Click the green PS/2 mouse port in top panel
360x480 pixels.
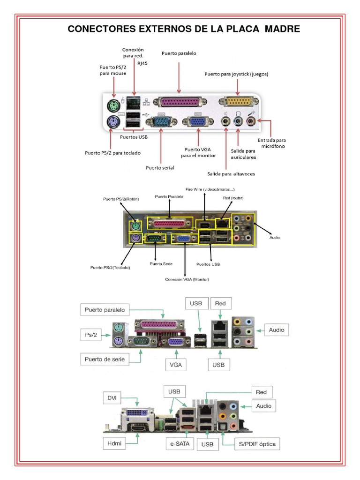(112, 104)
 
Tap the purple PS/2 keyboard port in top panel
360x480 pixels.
(112, 123)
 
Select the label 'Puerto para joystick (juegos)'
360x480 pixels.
(236, 74)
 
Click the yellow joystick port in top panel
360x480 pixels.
(242, 102)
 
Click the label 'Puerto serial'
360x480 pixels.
(160, 167)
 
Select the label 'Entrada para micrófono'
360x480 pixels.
(271, 143)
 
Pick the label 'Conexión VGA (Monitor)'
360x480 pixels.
(187, 279)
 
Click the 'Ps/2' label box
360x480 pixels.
(91, 335)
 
